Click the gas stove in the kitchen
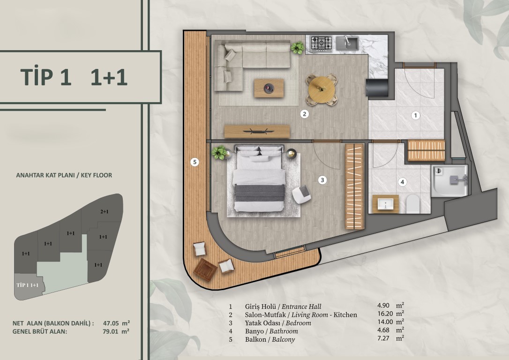click(322, 44)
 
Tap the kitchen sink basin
click(347, 43)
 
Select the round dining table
click(322, 90)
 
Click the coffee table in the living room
click(269, 88)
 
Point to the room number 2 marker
click(304, 114)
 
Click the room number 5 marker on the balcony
click(195, 162)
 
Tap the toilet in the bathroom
click(413, 203)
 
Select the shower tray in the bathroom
click(449, 181)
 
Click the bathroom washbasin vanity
click(385, 204)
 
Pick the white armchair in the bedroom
click(301, 195)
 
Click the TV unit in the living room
click(257, 131)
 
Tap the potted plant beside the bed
click(220, 152)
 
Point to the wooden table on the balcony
click(205, 270)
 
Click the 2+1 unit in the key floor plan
click(104, 212)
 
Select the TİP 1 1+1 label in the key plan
click(28, 285)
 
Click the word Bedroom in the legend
click(299, 323)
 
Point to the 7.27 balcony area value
click(385, 338)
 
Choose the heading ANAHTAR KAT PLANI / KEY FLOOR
click(64, 175)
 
